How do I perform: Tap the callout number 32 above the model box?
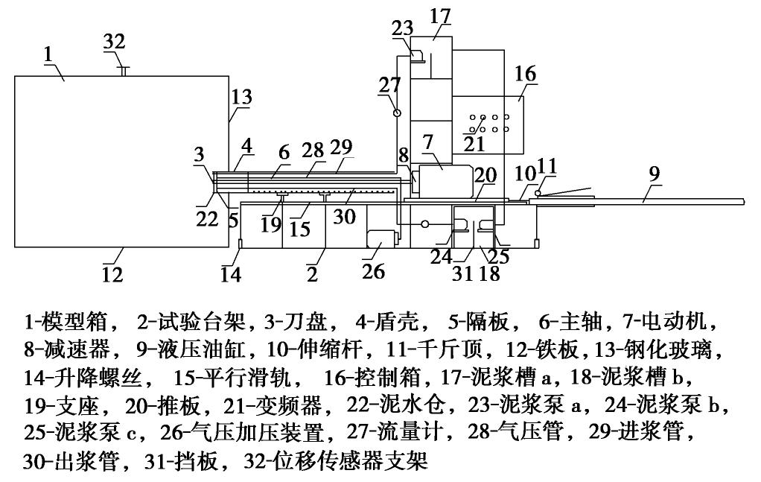pos(114,42)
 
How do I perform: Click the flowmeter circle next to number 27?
pos(397,112)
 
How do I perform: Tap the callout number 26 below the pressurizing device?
pos(373,270)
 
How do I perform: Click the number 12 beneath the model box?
pos(112,274)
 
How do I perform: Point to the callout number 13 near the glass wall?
pos(241,97)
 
